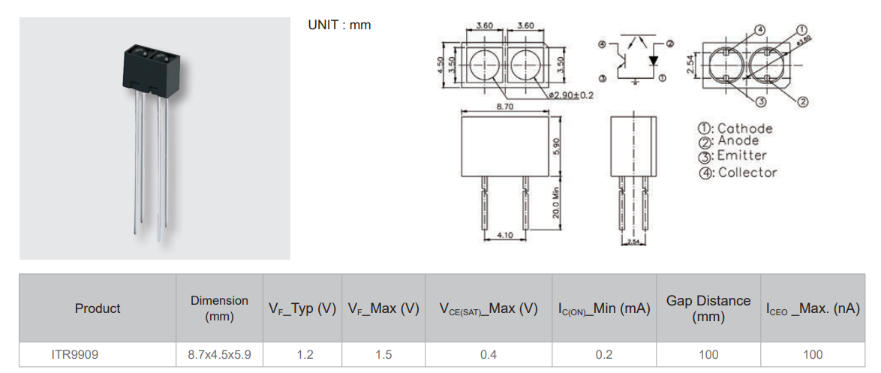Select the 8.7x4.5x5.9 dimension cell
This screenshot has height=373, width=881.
(219, 354)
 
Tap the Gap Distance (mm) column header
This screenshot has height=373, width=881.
(708, 308)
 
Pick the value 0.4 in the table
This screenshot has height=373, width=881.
(489, 354)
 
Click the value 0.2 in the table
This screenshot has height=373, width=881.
(603, 354)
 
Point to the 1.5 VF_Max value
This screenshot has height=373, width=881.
(383, 354)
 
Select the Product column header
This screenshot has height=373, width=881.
(98, 308)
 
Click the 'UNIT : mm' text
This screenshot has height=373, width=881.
(339, 25)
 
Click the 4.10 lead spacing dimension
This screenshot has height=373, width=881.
(504, 235)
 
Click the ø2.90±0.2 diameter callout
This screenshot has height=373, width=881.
(572, 95)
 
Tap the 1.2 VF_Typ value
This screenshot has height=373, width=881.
(305, 354)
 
